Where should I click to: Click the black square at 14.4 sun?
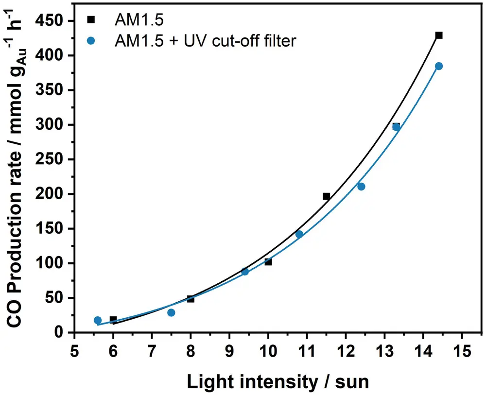pyautogui.click(x=439, y=35)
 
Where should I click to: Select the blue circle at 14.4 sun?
pyautogui.click(x=439, y=66)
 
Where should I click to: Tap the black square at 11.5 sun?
pyautogui.click(x=326, y=196)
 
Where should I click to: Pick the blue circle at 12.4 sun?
pyautogui.click(x=361, y=187)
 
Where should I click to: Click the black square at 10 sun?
pyautogui.click(x=268, y=262)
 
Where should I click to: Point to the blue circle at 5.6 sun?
pyautogui.click(x=98, y=320)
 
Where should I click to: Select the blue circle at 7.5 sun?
pyautogui.click(x=171, y=312)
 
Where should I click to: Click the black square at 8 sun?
pyautogui.click(x=191, y=299)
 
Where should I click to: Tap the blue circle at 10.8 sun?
pyautogui.click(x=299, y=234)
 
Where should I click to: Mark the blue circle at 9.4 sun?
pyautogui.click(x=245, y=272)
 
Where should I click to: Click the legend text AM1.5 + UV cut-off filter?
pyautogui.click(x=205, y=41)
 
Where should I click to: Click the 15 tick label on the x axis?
pyautogui.click(x=462, y=351)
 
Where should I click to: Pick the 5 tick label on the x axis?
pyautogui.click(x=74, y=351)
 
